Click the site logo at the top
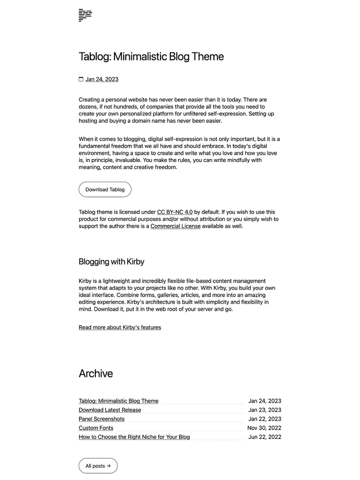click(85, 15)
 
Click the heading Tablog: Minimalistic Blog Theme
click(151, 56)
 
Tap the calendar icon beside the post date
click(81, 79)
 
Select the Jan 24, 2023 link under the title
click(102, 79)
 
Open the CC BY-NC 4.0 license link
click(174, 212)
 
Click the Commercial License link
click(175, 226)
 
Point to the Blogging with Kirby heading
click(111, 262)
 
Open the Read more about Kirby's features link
click(119, 327)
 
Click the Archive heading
click(95, 373)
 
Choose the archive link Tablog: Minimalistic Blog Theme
click(118, 401)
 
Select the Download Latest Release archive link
click(110, 410)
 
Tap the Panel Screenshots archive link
click(102, 419)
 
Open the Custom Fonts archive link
click(96, 428)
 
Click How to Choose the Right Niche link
click(134, 437)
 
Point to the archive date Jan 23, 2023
click(265, 410)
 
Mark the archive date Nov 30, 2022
click(264, 428)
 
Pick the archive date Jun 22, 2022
click(265, 437)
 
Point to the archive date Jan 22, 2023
click(265, 419)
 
